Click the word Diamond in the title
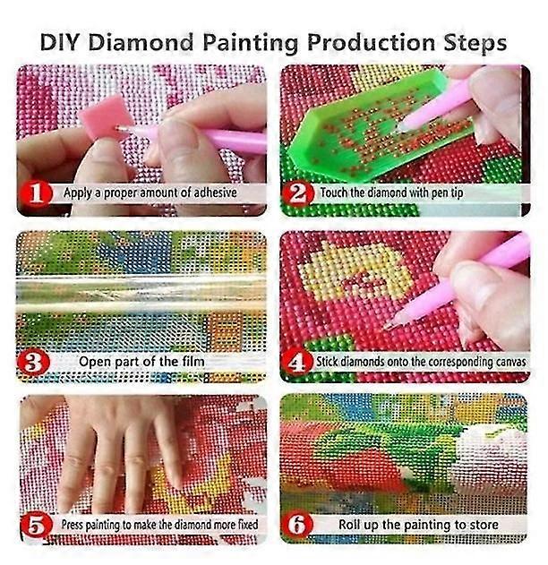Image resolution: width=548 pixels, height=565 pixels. [x=141, y=42]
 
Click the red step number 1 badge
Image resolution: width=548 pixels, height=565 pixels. [x=36, y=193]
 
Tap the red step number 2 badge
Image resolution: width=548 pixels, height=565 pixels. [x=298, y=193]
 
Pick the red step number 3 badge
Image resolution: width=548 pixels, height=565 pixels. [x=33, y=362]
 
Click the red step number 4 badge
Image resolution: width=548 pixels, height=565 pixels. [x=297, y=362]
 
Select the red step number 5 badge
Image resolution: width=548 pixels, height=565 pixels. [x=37, y=525]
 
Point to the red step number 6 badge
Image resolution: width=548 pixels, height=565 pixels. [x=297, y=525]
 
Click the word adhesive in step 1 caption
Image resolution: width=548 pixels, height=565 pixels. [x=215, y=193]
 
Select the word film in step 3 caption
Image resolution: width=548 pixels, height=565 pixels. [x=192, y=362]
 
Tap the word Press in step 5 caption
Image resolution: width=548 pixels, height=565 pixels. [x=72, y=525]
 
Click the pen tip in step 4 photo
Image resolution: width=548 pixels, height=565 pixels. [x=388, y=327]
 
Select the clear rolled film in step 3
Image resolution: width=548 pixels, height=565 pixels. [x=141, y=294]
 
